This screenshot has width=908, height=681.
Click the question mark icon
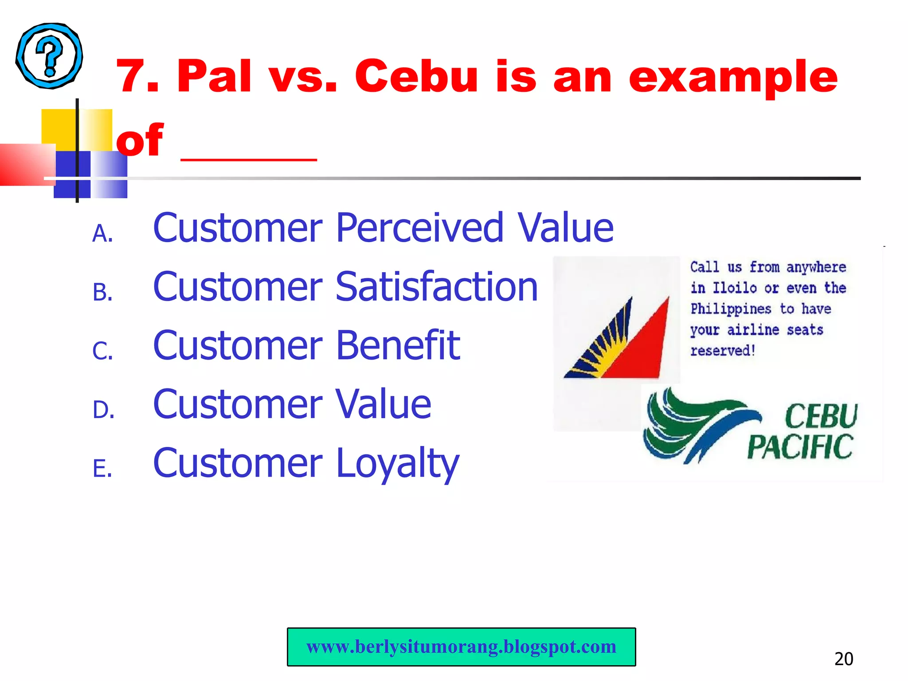point(49,56)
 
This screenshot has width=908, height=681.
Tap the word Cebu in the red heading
point(416,77)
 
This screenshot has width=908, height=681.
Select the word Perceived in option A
point(419,228)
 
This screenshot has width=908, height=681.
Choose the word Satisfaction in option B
point(436,287)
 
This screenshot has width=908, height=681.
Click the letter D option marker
point(103,410)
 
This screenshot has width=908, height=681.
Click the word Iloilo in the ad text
point(734,288)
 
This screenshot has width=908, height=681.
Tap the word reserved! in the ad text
point(723,351)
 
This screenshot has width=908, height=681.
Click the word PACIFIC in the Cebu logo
point(800,447)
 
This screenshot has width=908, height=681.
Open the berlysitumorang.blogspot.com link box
point(461,647)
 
